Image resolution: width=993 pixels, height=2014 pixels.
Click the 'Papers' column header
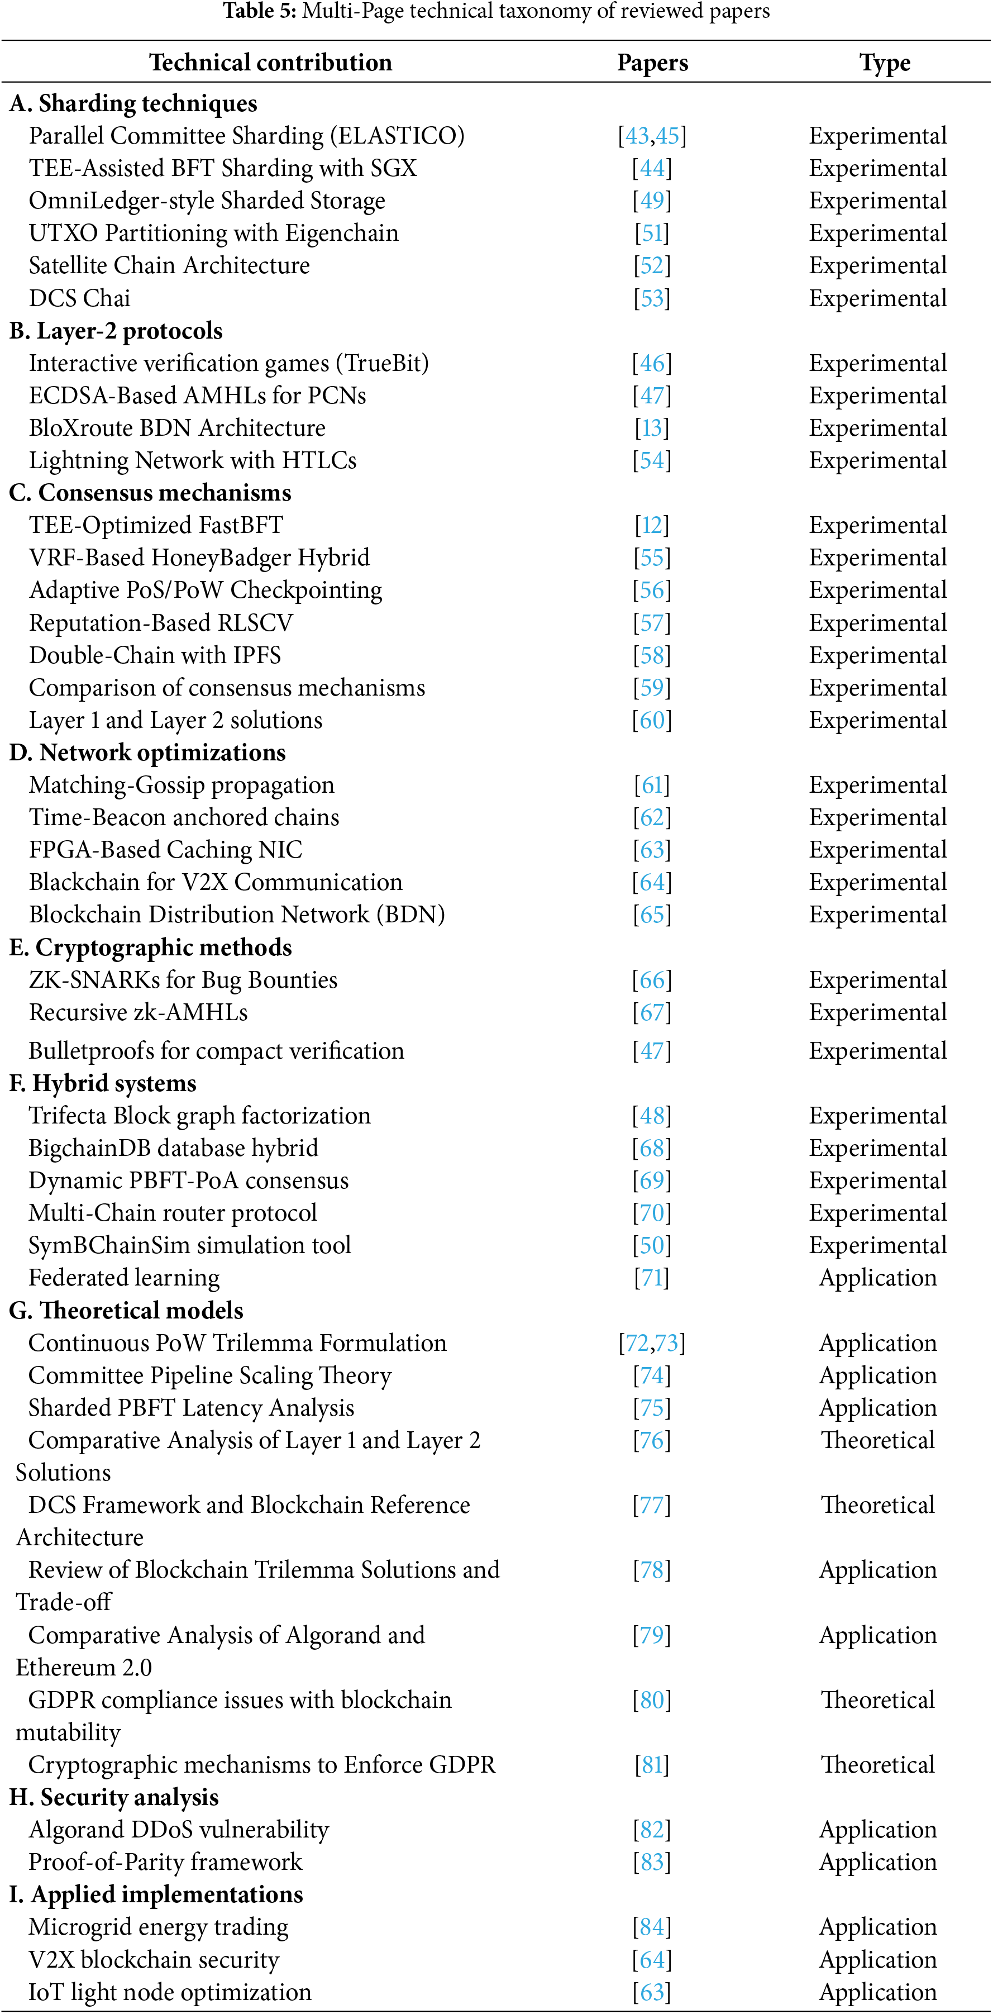click(652, 63)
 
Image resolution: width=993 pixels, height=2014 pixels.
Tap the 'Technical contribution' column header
click(270, 63)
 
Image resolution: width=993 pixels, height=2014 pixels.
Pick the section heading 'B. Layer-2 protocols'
click(116, 331)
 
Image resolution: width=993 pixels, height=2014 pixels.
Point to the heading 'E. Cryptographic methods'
click(150, 948)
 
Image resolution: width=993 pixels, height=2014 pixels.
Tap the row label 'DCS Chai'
click(80, 298)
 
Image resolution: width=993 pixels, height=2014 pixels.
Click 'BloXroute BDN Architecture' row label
click(176, 428)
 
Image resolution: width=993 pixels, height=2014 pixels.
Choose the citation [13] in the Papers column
click(652, 428)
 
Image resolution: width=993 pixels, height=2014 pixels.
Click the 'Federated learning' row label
click(125, 1278)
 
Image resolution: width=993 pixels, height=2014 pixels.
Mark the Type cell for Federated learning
click(877, 1278)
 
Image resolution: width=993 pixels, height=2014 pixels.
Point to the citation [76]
click(652, 1440)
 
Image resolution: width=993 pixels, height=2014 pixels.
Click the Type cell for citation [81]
click(877, 1765)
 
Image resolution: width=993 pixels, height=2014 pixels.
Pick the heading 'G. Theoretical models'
click(126, 1310)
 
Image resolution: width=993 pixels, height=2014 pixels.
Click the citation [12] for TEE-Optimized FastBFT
click(652, 525)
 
